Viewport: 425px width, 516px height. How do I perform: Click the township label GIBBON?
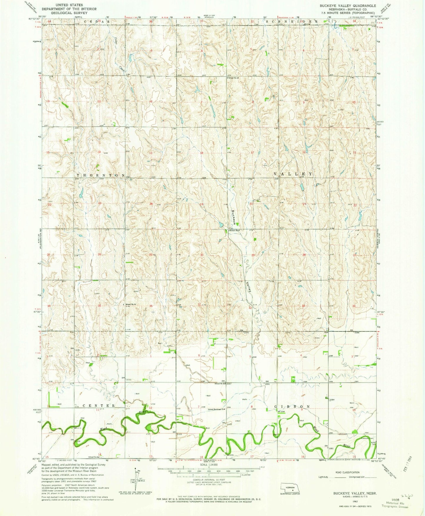292,406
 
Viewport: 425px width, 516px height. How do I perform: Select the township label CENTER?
95,406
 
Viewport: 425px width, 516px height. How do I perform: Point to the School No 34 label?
130,304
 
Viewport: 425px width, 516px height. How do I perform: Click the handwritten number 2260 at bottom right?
407,495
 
